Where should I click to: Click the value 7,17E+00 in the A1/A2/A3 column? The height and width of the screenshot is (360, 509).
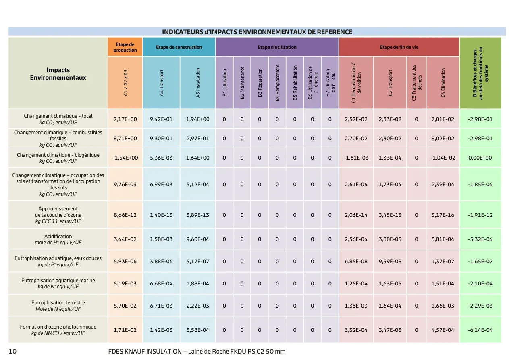(125, 119)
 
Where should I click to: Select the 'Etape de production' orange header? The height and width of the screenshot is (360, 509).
(125, 47)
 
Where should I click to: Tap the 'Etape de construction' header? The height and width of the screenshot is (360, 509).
(179, 47)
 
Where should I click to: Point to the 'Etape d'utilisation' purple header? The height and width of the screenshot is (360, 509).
(277, 47)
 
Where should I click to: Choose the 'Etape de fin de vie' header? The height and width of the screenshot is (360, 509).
(399, 47)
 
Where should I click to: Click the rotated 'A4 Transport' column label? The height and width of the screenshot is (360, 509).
(161, 83)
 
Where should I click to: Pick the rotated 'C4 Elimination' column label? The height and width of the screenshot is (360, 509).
(443, 83)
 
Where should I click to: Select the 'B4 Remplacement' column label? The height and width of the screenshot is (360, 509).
(277, 83)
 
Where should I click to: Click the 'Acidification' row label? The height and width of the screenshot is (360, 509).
(58, 236)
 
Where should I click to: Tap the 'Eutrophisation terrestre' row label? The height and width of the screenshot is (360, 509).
(58, 302)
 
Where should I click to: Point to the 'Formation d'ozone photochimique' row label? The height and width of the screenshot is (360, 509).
(58, 327)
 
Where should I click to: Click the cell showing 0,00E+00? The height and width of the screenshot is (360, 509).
(480, 158)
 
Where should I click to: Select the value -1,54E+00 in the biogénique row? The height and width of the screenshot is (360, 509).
(125, 158)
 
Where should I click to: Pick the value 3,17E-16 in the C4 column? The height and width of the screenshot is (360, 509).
(443, 215)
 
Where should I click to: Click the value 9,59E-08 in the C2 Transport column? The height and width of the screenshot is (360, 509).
(390, 261)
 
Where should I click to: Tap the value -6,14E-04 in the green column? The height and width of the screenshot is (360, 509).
(480, 330)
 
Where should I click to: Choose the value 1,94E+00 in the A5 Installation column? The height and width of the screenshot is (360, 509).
(198, 119)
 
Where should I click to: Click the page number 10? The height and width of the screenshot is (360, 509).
(12, 352)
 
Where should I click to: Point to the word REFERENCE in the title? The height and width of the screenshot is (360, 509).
(334, 32)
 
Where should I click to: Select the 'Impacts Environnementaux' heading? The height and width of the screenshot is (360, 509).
(58, 74)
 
